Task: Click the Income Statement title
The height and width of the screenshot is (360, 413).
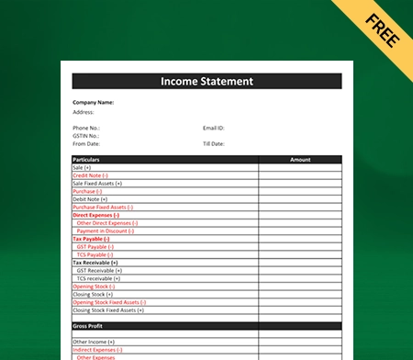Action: click(206, 82)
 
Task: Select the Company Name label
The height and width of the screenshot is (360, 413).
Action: click(93, 102)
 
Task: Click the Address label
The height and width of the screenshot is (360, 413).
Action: click(84, 111)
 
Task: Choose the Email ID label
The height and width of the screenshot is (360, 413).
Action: click(214, 128)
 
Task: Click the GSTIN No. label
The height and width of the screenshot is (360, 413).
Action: click(85, 136)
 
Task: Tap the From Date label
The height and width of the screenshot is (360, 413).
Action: click(85, 144)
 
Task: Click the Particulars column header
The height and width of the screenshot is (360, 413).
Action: click(86, 160)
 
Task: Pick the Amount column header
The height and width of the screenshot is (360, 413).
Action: click(300, 160)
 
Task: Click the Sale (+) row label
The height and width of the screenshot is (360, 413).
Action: click(82, 167)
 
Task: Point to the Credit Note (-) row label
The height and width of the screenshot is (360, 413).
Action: click(90, 175)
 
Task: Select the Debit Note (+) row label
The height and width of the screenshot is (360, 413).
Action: click(90, 199)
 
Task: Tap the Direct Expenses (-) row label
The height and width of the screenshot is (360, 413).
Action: click(96, 215)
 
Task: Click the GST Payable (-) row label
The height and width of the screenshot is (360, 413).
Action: click(95, 246)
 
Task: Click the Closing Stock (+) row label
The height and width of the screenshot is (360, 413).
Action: click(93, 294)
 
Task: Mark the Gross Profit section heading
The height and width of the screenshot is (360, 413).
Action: click(89, 326)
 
